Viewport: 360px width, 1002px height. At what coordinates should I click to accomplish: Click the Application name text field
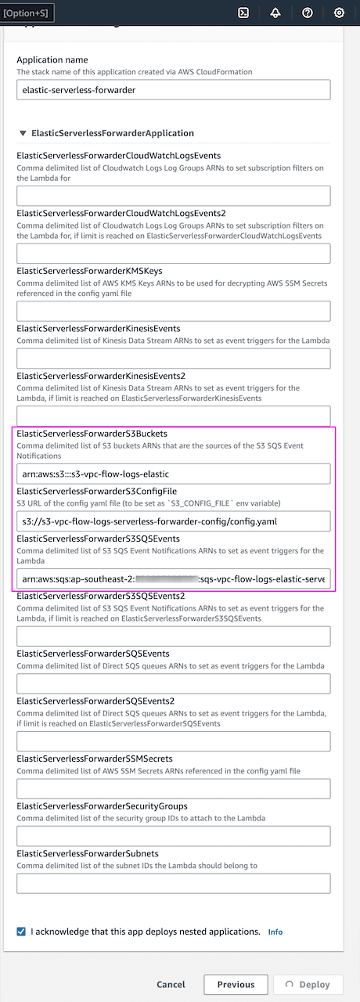(173, 90)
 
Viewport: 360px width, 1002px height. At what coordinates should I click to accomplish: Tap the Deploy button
(309, 985)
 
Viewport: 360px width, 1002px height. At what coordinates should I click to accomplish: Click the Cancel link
(171, 985)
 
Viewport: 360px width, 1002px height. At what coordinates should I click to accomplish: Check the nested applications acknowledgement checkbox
(21, 932)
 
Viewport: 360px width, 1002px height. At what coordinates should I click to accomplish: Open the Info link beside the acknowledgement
(275, 932)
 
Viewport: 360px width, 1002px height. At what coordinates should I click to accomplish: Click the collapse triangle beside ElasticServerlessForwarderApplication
(22, 134)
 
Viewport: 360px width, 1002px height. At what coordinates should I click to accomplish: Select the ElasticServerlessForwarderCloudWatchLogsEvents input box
(173, 196)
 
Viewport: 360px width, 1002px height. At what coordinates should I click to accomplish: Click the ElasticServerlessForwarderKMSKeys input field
(173, 311)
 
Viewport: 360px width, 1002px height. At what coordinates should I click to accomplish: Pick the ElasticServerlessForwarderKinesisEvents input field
(173, 359)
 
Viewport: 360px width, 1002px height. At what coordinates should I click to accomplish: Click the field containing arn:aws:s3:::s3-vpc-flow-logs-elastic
(173, 474)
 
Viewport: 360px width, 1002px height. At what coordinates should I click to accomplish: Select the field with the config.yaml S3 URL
(173, 521)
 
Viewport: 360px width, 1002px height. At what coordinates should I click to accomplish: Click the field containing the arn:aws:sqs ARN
(173, 578)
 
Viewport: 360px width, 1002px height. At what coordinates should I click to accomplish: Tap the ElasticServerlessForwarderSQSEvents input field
(173, 683)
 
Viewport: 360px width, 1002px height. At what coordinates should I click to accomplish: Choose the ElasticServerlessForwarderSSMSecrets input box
(173, 788)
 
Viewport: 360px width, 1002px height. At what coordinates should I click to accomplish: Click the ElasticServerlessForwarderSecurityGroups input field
(173, 836)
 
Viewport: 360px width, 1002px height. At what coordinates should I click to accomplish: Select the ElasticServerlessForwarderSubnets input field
(173, 883)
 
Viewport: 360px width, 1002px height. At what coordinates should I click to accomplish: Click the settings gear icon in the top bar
(339, 13)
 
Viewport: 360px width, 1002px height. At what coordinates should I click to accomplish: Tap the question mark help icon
(308, 13)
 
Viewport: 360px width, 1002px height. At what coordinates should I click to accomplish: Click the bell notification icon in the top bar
(275, 13)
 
